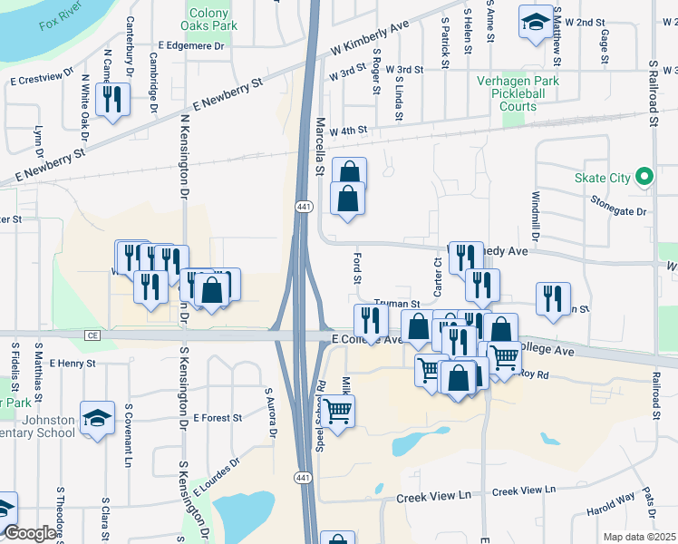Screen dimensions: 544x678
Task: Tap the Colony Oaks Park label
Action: point(213,19)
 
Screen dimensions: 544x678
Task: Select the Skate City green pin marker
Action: point(644,177)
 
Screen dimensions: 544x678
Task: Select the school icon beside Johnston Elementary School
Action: point(97,418)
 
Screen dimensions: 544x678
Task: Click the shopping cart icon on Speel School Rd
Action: point(338,412)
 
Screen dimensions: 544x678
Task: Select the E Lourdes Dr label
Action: point(215,477)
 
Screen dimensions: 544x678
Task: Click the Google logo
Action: point(30,533)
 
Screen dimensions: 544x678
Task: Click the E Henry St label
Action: point(73,363)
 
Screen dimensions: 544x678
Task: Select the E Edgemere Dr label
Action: point(189,44)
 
